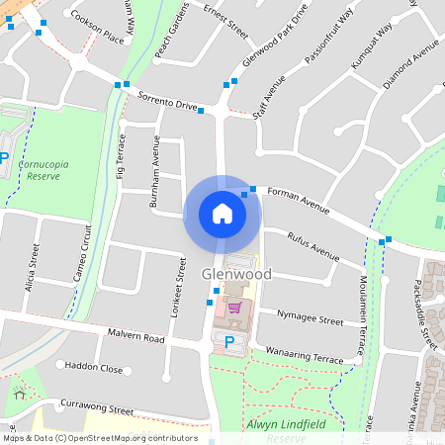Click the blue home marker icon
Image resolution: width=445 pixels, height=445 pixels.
[222, 214]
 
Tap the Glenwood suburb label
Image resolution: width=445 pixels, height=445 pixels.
[235, 273]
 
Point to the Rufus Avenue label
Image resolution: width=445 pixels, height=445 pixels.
[312, 247]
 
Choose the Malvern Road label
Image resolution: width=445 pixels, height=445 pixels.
[136, 337]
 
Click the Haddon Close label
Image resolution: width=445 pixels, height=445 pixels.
[95, 368]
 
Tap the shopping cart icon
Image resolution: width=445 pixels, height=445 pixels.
[234, 308]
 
